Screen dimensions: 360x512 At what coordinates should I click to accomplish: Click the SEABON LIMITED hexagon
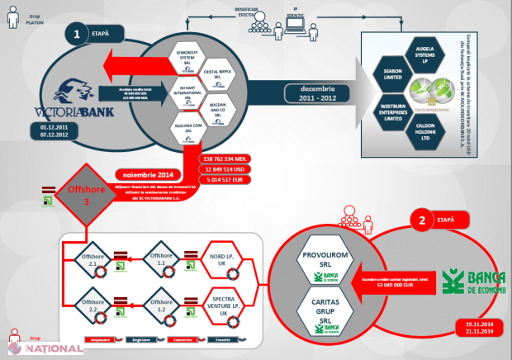(393, 69)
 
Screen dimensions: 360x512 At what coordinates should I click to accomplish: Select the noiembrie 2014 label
(154, 175)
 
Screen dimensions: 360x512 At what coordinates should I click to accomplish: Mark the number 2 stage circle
(421, 221)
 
